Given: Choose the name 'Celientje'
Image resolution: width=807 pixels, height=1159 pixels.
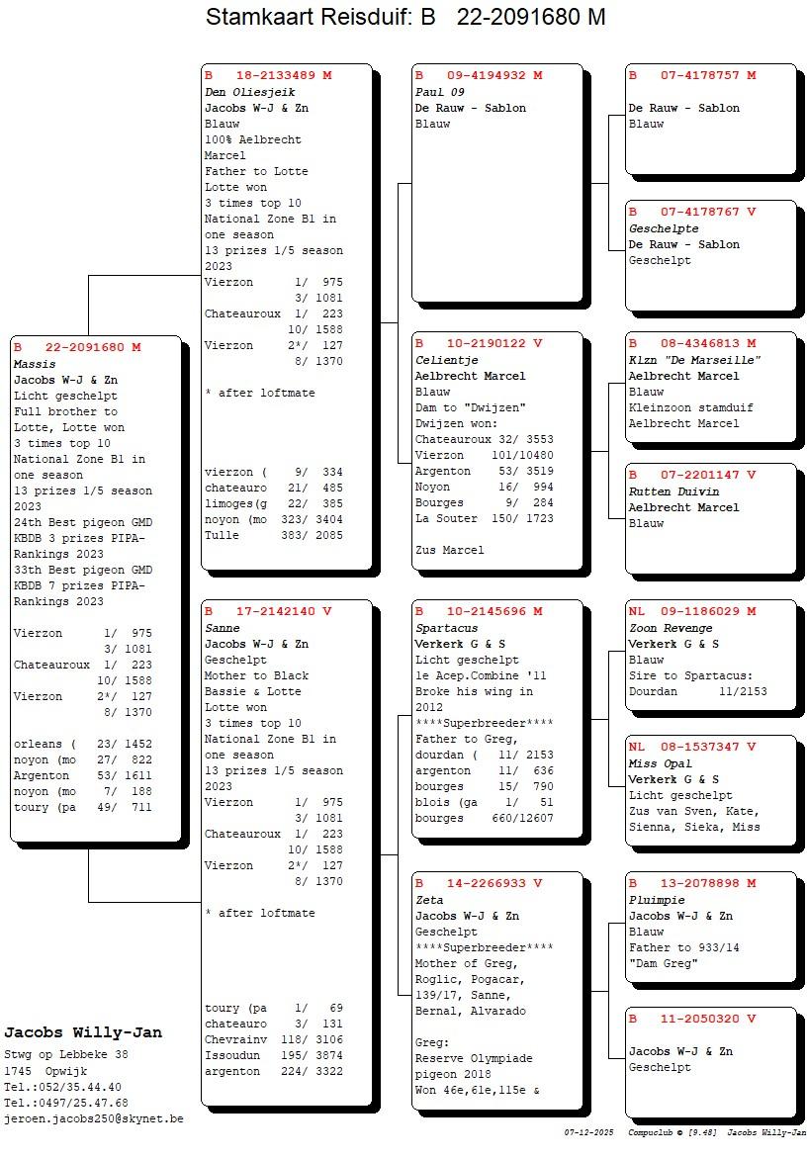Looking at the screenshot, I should pyautogui.click(x=446, y=360).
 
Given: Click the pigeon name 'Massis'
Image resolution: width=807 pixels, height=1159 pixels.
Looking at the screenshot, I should pyautogui.click(x=35, y=364).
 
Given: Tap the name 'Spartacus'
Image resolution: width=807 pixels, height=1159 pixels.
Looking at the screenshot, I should pyautogui.click(x=446, y=628).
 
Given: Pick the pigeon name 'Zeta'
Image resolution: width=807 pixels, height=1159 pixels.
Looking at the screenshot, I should pyautogui.click(x=430, y=900).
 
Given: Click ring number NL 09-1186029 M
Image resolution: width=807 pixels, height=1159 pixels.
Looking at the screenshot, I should pyautogui.click(x=692, y=611).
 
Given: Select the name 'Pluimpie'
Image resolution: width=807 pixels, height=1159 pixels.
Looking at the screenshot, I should pyautogui.click(x=657, y=900).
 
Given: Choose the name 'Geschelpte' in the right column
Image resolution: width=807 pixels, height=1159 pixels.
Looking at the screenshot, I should pyautogui.click(x=664, y=228).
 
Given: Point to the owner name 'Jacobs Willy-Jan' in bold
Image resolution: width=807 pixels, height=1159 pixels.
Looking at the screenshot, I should pyautogui.click(x=83, y=1033).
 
